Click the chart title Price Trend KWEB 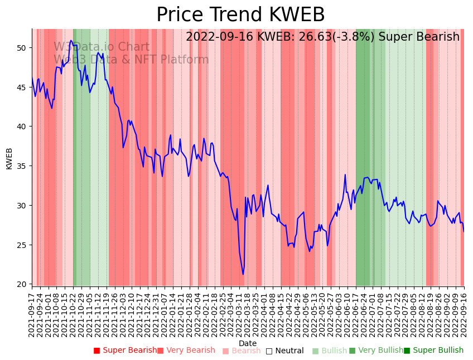click(x=240, y=15)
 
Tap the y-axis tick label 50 click(x=22, y=48)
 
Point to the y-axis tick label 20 click(x=22, y=284)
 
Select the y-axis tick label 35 click(x=22, y=166)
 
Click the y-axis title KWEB click(x=9, y=158)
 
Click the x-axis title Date click(x=248, y=343)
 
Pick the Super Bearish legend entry click(x=126, y=351)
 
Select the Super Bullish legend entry click(x=433, y=351)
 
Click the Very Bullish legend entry click(x=376, y=351)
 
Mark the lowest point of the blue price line click(x=243, y=274)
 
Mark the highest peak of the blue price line click(x=71, y=41)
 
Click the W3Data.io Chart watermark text click(x=102, y=47)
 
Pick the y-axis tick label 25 click(x=22, y=245)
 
